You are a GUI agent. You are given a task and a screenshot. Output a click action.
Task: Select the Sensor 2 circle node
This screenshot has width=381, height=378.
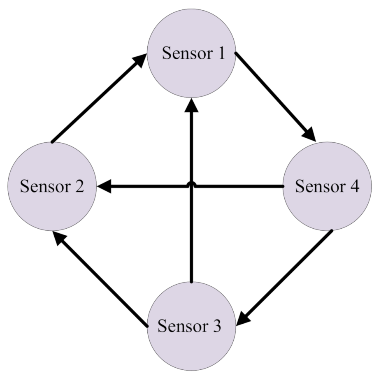pos(52,186)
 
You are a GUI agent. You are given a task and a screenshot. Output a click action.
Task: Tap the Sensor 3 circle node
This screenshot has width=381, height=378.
pos(191,326)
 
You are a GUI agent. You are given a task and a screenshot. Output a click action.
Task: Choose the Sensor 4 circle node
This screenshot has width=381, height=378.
pos(328,186)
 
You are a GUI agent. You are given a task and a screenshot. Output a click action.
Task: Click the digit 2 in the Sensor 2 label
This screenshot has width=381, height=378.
pos(79,187)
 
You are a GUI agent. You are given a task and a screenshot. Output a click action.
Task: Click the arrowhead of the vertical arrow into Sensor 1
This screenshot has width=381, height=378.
pos(191,104)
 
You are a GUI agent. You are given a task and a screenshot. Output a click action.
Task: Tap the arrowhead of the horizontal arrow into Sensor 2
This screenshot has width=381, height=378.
pos(105,186)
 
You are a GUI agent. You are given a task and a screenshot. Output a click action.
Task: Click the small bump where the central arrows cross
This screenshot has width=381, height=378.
pos(191,184)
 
